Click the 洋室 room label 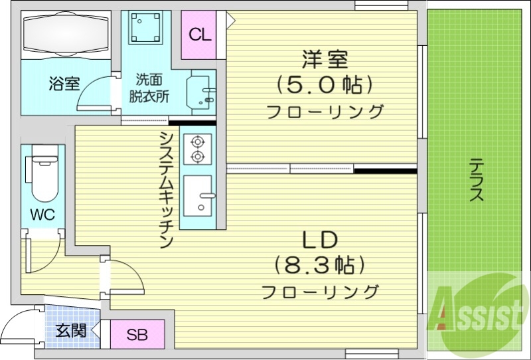point(325,60)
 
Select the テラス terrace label point(477,179)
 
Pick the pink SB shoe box point(137,333)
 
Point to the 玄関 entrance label point(70,330)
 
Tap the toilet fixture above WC point(42,176)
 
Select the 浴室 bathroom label point(64,84)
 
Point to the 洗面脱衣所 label point(149,87)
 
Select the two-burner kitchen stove point(197,149)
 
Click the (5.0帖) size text point(324,85)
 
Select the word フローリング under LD point(320,291)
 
